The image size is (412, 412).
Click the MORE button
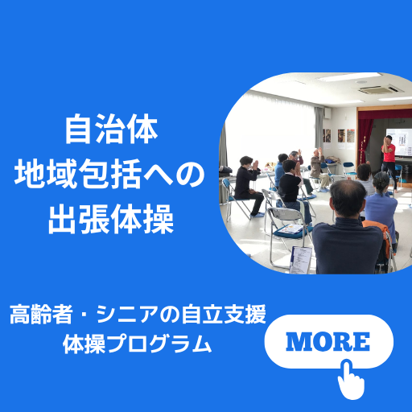[329, 341]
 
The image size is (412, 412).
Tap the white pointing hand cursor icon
[351, 379]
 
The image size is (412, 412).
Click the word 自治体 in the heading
[111, 129]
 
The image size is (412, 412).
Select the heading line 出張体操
[111, 219]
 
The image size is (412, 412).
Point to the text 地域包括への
[110, 174]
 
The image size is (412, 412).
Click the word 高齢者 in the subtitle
[41, 314]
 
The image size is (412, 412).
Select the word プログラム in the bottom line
[159, 344]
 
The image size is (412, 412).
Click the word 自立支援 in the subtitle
[224, 314]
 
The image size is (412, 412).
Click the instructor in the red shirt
[389, 161]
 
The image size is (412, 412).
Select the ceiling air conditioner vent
[381, 89]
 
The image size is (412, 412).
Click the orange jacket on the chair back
[378, 236]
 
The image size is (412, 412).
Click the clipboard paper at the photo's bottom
[301, 260]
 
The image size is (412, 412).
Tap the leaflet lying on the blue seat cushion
[290, 229]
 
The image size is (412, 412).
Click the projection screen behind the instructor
[400, 142]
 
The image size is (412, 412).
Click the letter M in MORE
[297, 341]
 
